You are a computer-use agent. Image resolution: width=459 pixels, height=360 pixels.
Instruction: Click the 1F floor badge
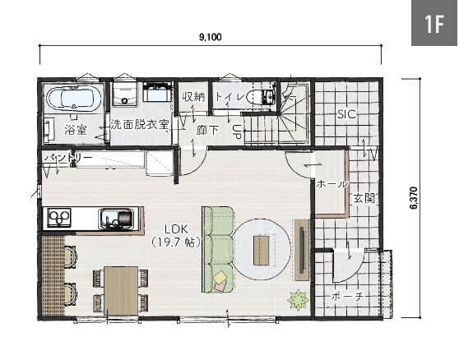point(434,23)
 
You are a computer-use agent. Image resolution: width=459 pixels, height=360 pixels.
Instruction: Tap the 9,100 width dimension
point(211,37)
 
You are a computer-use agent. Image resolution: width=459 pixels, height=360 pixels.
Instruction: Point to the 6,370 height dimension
point(414,198)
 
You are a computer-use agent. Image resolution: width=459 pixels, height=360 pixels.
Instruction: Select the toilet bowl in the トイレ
point(261,96)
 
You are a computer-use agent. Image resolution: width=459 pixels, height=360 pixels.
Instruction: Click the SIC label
point(346,114)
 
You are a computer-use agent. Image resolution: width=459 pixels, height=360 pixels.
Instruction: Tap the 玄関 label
point(364,199)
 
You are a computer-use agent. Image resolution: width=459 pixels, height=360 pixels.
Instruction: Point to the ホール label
point(332,184)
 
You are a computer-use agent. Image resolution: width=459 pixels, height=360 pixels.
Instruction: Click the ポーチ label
point(347,297)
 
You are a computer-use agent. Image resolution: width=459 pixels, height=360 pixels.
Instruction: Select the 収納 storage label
point(193,97)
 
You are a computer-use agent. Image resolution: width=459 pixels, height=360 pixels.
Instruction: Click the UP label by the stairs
point(237,132)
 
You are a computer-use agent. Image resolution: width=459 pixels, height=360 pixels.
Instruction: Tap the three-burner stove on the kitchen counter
point(59,217)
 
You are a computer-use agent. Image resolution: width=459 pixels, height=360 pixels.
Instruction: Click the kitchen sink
point(117,219)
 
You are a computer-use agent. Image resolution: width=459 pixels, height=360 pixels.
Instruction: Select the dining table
point(121,291)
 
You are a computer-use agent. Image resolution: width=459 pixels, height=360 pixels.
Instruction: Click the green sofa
point(218,250)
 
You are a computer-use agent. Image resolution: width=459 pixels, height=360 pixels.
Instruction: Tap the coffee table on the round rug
point(261,251)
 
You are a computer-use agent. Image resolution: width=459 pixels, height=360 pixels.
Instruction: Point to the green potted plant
point(299,299)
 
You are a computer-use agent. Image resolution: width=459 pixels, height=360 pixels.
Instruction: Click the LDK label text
point(176,229)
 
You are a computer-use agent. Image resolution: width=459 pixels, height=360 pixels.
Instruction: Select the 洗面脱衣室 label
point(139,125)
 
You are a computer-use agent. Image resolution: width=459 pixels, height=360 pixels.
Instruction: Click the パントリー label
point(68,158)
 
